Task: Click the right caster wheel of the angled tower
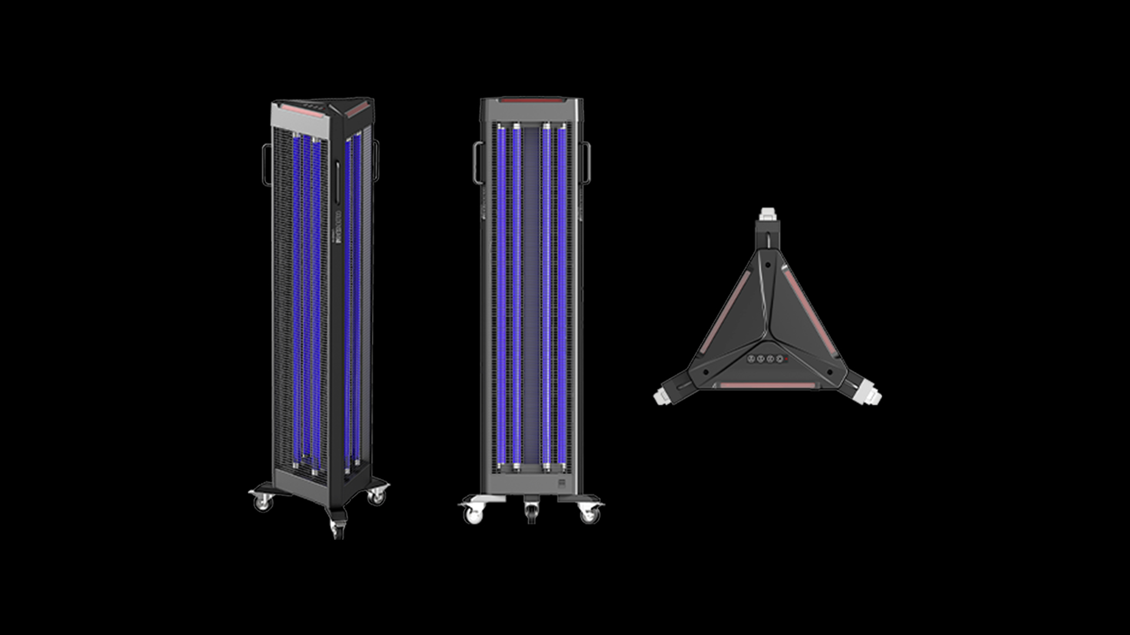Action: pyautogui.click(x=376, y=497)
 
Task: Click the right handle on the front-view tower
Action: pyautogui.click(x=586, y=162)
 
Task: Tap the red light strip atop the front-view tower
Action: pyautogui.click(x=531, y=101)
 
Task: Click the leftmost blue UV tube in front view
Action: pyautogui.click(x=501, y=294)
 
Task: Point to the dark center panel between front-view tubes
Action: pyautogui.click(x=531, y=294)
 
